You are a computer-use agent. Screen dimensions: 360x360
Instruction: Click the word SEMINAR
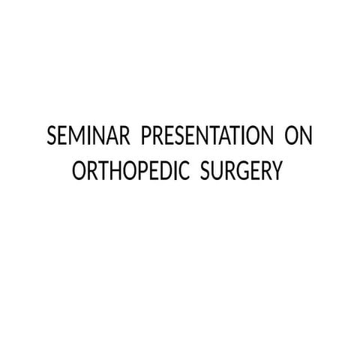pyautogui.click(x=89, y=139)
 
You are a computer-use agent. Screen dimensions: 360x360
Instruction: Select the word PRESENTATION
pyautogui.click(x=206, y=139)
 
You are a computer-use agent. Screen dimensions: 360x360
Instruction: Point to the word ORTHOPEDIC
pyautogui.click(x=131, y=171)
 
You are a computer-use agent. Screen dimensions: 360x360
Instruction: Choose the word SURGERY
pyautogui.click(x=241, y=171)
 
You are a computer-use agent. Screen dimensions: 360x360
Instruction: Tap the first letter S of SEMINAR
pyautogui.click(x=52, y=139)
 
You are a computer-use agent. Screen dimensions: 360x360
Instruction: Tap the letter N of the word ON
pyautogui.click(x=306, y=139)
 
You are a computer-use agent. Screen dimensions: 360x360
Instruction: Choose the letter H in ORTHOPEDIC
pyautogui.click(x=112, y=171)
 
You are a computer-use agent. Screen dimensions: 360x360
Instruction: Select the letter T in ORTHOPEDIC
pyautogui.click(x=100, y=171)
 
